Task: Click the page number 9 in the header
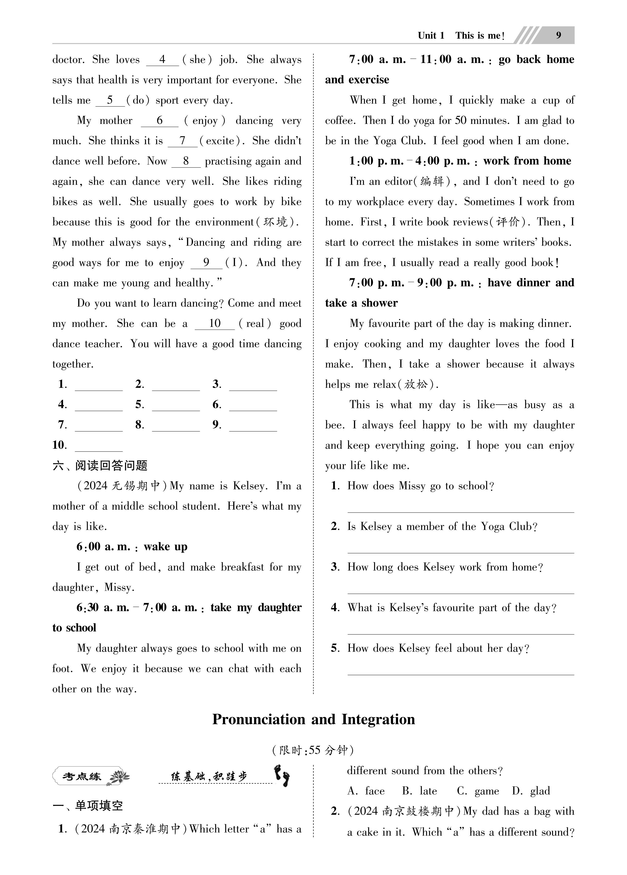pos(558,35)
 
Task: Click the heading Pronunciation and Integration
pos(313,719)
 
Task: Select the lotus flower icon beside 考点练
pos(119,777)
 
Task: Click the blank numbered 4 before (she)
pos(162,60)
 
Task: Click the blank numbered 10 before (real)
pos(215,324)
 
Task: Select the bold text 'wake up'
pos(165,547)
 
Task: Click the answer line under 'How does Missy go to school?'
pos(461,509)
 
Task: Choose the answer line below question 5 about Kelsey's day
pos(461,671)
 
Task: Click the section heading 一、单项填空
pos(88,806)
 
